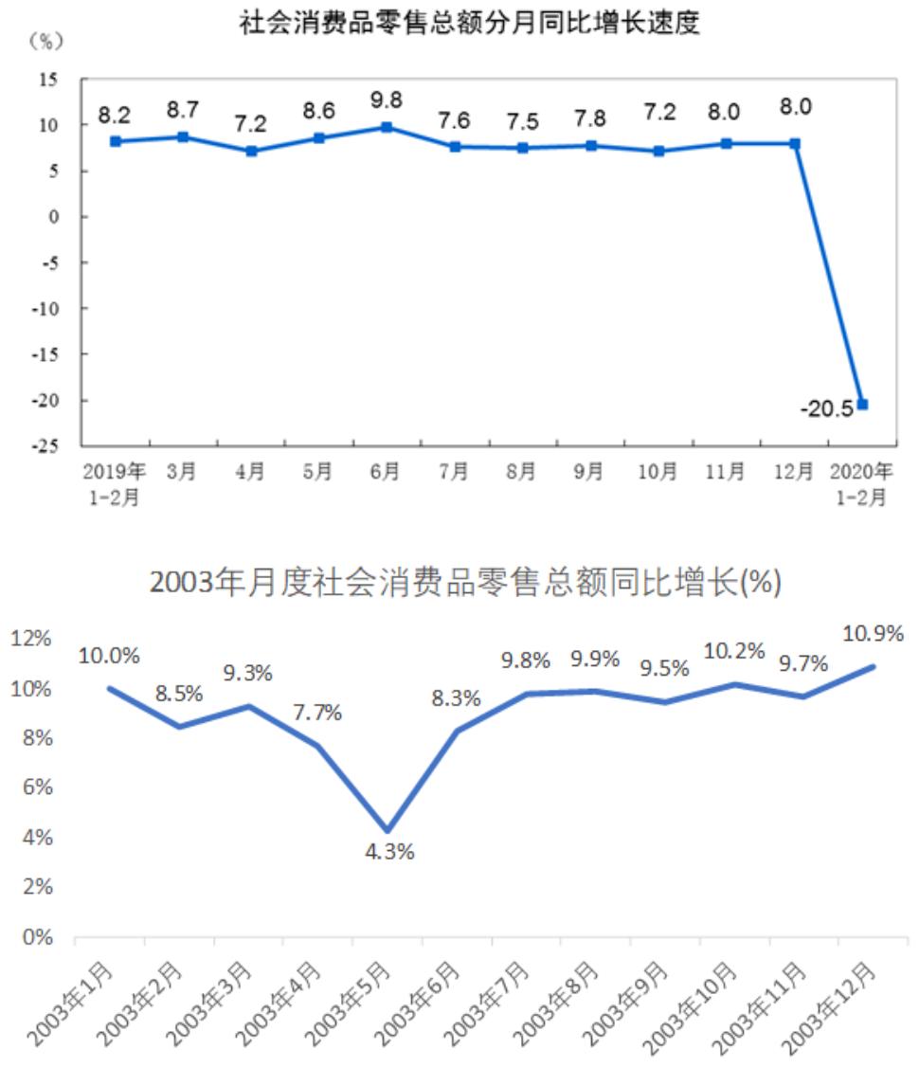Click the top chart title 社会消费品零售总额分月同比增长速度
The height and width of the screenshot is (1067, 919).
(x=469, y=23)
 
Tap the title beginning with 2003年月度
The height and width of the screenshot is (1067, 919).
(x=465, y=584)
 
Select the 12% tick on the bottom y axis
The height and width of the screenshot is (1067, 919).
(x=31, y=640)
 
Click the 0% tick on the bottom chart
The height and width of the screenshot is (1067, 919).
(x=36, y=937)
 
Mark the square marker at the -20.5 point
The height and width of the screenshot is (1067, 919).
(x=862, y=405)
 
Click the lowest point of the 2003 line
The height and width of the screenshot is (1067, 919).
(x=387, y=830)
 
